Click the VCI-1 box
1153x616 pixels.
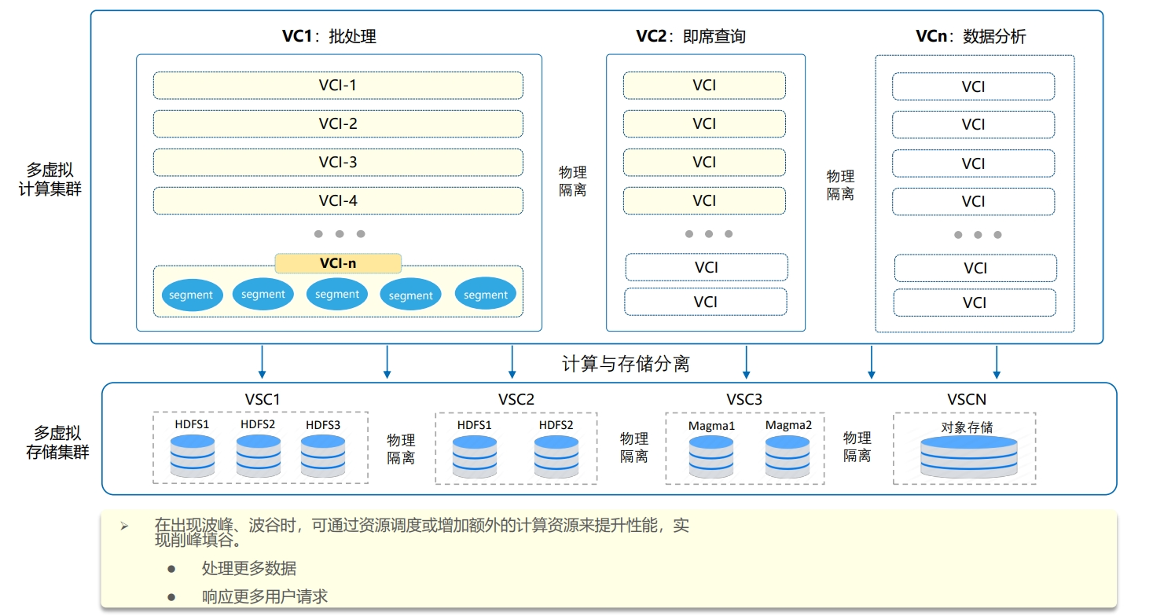[x=338, y=86]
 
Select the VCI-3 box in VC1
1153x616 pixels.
[x=338, y=163]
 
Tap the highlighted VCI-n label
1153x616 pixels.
[x=338, y=263]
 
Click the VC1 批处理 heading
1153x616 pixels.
[x=329, y=36]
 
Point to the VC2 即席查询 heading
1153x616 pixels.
[x=690, y=36]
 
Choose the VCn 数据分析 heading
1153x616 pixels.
[x=971, y=36]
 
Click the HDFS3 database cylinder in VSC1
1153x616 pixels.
[x=323, y=456]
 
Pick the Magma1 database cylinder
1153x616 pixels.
[x=711, y=456]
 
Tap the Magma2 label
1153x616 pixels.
[x=788, y=425]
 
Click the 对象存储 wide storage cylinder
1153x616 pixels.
[x=969, y=456]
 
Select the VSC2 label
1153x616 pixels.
[x=516, y=399]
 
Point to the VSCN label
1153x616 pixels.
[x=967, y=399]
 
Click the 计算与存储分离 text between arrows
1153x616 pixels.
[x=626, y=364]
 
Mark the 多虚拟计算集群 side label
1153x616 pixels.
[x=50, y=179]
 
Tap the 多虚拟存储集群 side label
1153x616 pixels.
[x=57, y=442]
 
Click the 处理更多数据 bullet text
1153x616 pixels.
[x=248, y=568]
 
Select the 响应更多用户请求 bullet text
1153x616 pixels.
[x=265, y=596]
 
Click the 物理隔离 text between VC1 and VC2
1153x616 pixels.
[x=572, y=181]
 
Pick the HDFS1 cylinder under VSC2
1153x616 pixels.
[x=474, y=456]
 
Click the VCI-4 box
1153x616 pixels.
[x=338, y=200]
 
